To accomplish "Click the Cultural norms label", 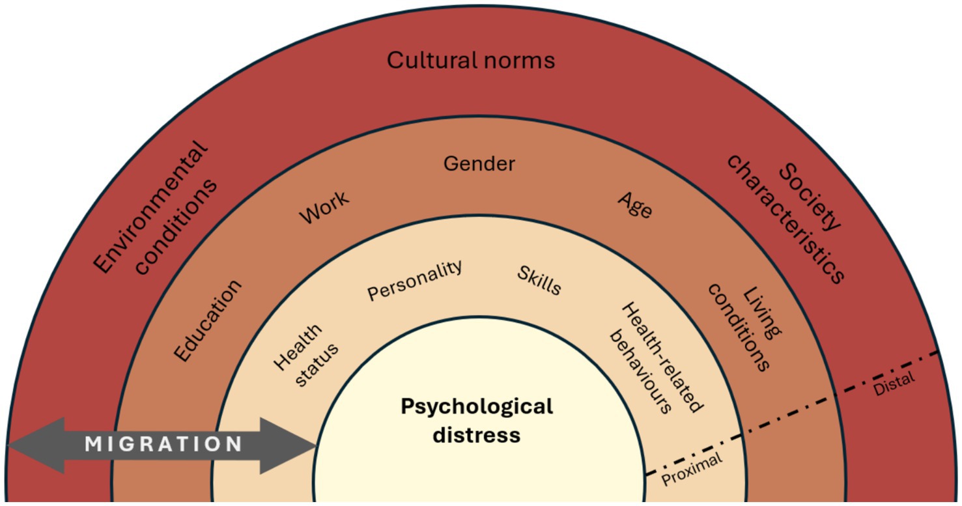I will (x=471, y=61).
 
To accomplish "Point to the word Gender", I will (x=479, y=163).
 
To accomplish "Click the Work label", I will (x=324, y=207).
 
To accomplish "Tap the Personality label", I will (x=415, y=280).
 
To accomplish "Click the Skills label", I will (x=539, y=280).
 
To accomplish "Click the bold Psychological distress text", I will (x=477, y=420).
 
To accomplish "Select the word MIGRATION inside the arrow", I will (x=163, y=445).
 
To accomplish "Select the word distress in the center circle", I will (x=477, y=434).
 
